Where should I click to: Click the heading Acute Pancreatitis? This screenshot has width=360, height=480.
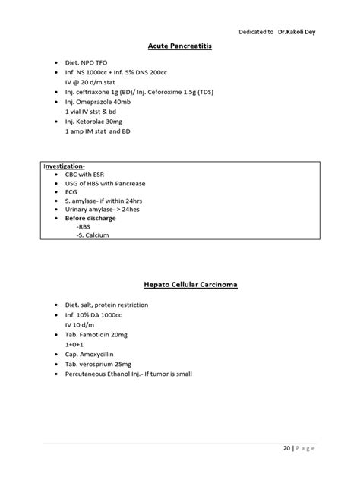click(x=179, y=46)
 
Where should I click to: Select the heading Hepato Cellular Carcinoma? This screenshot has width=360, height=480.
click(x=179, y=285)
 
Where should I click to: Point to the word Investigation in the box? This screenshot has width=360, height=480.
click(x=64, y=164)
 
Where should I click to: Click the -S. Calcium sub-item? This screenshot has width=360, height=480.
click(x=93, y=235)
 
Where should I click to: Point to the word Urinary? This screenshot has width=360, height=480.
click(x=79, y=209)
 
